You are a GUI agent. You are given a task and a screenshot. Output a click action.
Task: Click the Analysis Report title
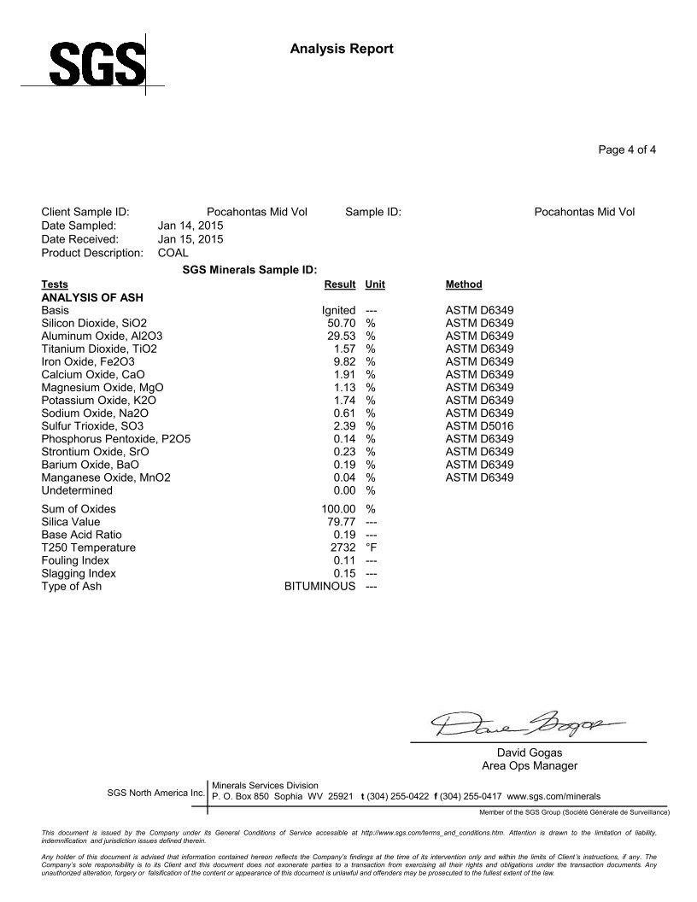click(342, 49)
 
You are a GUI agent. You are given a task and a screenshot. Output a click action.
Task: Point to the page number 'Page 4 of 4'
click(627, 150)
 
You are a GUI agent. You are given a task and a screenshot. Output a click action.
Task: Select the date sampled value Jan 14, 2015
click(190, 225)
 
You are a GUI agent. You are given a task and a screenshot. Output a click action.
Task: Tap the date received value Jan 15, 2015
click(190, 239)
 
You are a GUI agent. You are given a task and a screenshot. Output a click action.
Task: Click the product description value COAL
click(173, 253)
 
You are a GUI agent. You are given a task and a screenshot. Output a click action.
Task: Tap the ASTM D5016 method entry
click(480, 426)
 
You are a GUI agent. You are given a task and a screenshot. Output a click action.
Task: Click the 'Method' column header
click(464, 284)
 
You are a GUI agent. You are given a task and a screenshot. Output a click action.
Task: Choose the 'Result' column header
click(340, 284)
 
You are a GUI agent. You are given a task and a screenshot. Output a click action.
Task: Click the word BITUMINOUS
click(319, 587)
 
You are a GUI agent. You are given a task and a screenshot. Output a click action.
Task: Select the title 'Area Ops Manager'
click(530, 766)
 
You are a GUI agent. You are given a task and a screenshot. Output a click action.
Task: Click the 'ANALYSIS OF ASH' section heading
click(91, 297)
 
